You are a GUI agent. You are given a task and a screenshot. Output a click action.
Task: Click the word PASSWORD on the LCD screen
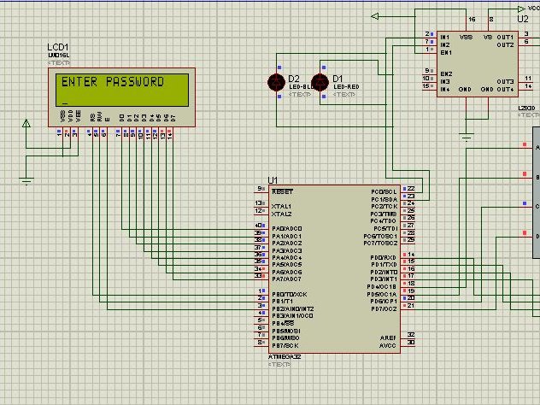point(135,83)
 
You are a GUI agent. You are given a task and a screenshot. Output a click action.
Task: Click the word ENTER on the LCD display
point(80,83)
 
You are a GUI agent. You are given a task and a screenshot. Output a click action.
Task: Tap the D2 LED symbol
point(277,82)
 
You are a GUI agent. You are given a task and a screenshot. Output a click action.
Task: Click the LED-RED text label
point(345,87)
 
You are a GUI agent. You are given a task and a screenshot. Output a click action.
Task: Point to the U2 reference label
point(523,18)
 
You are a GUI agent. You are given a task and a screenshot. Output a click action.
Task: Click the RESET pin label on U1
point(282,191)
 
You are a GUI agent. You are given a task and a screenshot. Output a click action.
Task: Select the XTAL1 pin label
point(281,206)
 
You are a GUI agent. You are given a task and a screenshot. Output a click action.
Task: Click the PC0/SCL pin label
point(384,191)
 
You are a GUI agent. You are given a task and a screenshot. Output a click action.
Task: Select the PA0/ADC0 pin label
point(286,228)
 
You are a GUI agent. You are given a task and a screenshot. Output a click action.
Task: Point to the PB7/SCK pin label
point(285,344)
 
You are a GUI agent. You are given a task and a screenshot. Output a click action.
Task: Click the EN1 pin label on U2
point(446,51)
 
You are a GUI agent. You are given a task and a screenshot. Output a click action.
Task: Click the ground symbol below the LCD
point(26,180)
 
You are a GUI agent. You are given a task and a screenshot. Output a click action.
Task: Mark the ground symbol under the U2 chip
point(466,134)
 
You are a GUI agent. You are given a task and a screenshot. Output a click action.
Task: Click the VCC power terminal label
point(534,7)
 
